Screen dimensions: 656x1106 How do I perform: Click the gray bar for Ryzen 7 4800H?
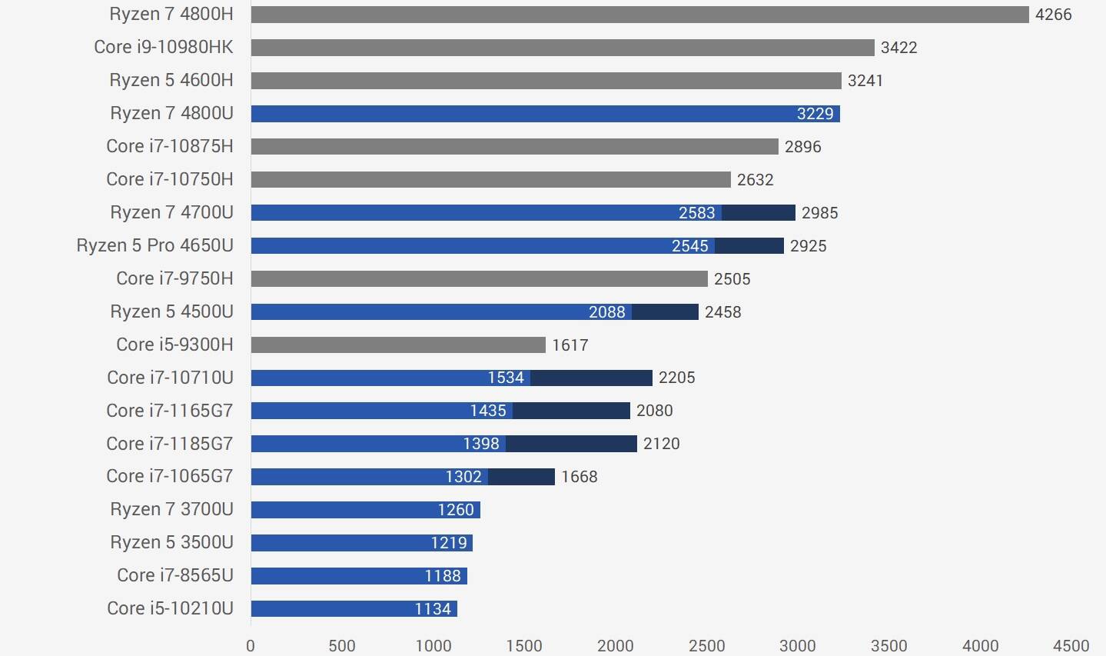(639, 15)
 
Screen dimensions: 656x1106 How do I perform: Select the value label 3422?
(898, 48)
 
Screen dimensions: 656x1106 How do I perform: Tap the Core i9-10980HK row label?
(163, 47)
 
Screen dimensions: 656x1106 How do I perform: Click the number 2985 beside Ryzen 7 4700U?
(819, 213)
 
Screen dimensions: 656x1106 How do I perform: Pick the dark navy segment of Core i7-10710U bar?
(591, 378)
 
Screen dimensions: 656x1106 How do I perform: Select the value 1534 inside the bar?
(506, 378)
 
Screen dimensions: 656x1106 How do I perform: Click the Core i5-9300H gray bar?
(398, 345)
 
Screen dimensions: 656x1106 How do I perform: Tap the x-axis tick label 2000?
(615, 646)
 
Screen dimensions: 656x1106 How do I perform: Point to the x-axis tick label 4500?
(1071, 646)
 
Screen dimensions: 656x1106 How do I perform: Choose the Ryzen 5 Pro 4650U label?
(154, 245)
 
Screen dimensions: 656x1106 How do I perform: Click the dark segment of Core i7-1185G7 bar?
(571, 444)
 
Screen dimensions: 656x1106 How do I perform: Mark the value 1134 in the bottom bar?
(433, 609)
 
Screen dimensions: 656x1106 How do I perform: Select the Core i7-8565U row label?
(174, 575)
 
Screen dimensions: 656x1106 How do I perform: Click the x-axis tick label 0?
(251, 646)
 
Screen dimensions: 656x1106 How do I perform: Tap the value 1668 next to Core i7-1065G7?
(579, 477)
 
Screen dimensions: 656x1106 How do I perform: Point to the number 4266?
(1053, 15)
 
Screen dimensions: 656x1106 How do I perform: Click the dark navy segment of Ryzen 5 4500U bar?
(665, 311)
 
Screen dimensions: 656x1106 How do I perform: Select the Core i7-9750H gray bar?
(479, 278)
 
